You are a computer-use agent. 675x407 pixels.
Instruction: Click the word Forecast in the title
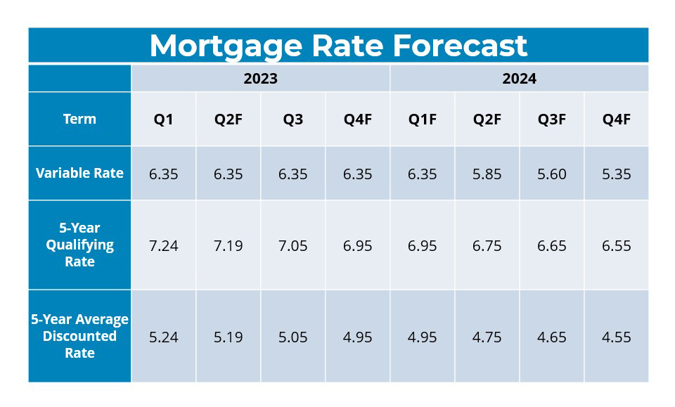[460, 46]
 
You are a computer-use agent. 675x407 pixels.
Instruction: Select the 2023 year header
[260, 79]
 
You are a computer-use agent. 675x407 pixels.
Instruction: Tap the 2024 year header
[519, 79]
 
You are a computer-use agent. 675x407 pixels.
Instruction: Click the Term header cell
[79, 119]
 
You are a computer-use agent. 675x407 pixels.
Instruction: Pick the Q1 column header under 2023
[164, 119]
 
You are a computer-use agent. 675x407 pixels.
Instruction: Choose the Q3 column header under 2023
[293, 119]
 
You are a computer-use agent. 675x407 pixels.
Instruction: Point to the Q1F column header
[423, 119]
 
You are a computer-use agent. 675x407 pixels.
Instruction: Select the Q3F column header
[552, 119]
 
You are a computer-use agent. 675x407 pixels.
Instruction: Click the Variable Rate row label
[79, 173]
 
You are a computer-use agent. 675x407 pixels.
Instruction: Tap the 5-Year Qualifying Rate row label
[79, 245]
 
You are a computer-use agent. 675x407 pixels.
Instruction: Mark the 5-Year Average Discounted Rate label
[79, 336]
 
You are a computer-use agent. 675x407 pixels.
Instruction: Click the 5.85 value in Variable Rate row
[487, 174]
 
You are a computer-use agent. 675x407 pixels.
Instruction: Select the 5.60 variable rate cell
[552, 174]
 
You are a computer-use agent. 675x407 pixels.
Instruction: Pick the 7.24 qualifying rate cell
[164, 246]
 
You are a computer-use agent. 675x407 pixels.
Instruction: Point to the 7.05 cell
[293, 246]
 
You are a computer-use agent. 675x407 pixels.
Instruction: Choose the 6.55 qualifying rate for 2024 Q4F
[617, 246]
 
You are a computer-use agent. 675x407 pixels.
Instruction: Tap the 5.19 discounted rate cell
[229, 337]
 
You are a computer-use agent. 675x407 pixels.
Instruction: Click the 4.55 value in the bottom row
[617, 337]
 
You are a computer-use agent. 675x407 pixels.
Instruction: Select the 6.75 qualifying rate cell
[487, 246]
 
